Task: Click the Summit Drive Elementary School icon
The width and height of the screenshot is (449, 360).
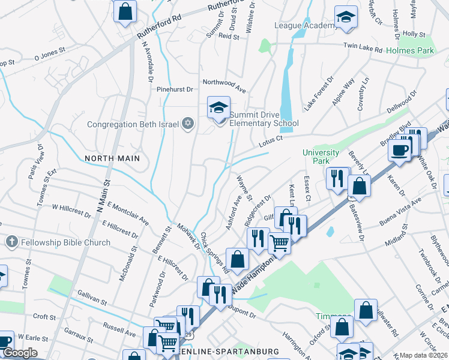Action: [x=219, y=108]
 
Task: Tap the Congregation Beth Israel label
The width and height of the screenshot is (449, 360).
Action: [x=133, y=125]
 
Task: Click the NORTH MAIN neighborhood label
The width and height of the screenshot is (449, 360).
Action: [x=112, y=158]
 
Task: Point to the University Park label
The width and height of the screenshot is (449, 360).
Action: [x=316, y=157]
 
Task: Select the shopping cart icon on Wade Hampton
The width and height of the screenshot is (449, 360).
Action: [x=279, y=244]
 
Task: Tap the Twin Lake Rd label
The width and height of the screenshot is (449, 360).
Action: [x=363, y=46]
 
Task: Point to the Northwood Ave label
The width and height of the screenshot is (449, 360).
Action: [x=224, y=85]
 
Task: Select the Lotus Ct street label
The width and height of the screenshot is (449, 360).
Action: [x=271, y=141]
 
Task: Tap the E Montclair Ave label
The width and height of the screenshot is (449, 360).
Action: [x=128, y=212]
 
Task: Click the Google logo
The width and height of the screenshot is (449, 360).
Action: [x=20, y=353]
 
